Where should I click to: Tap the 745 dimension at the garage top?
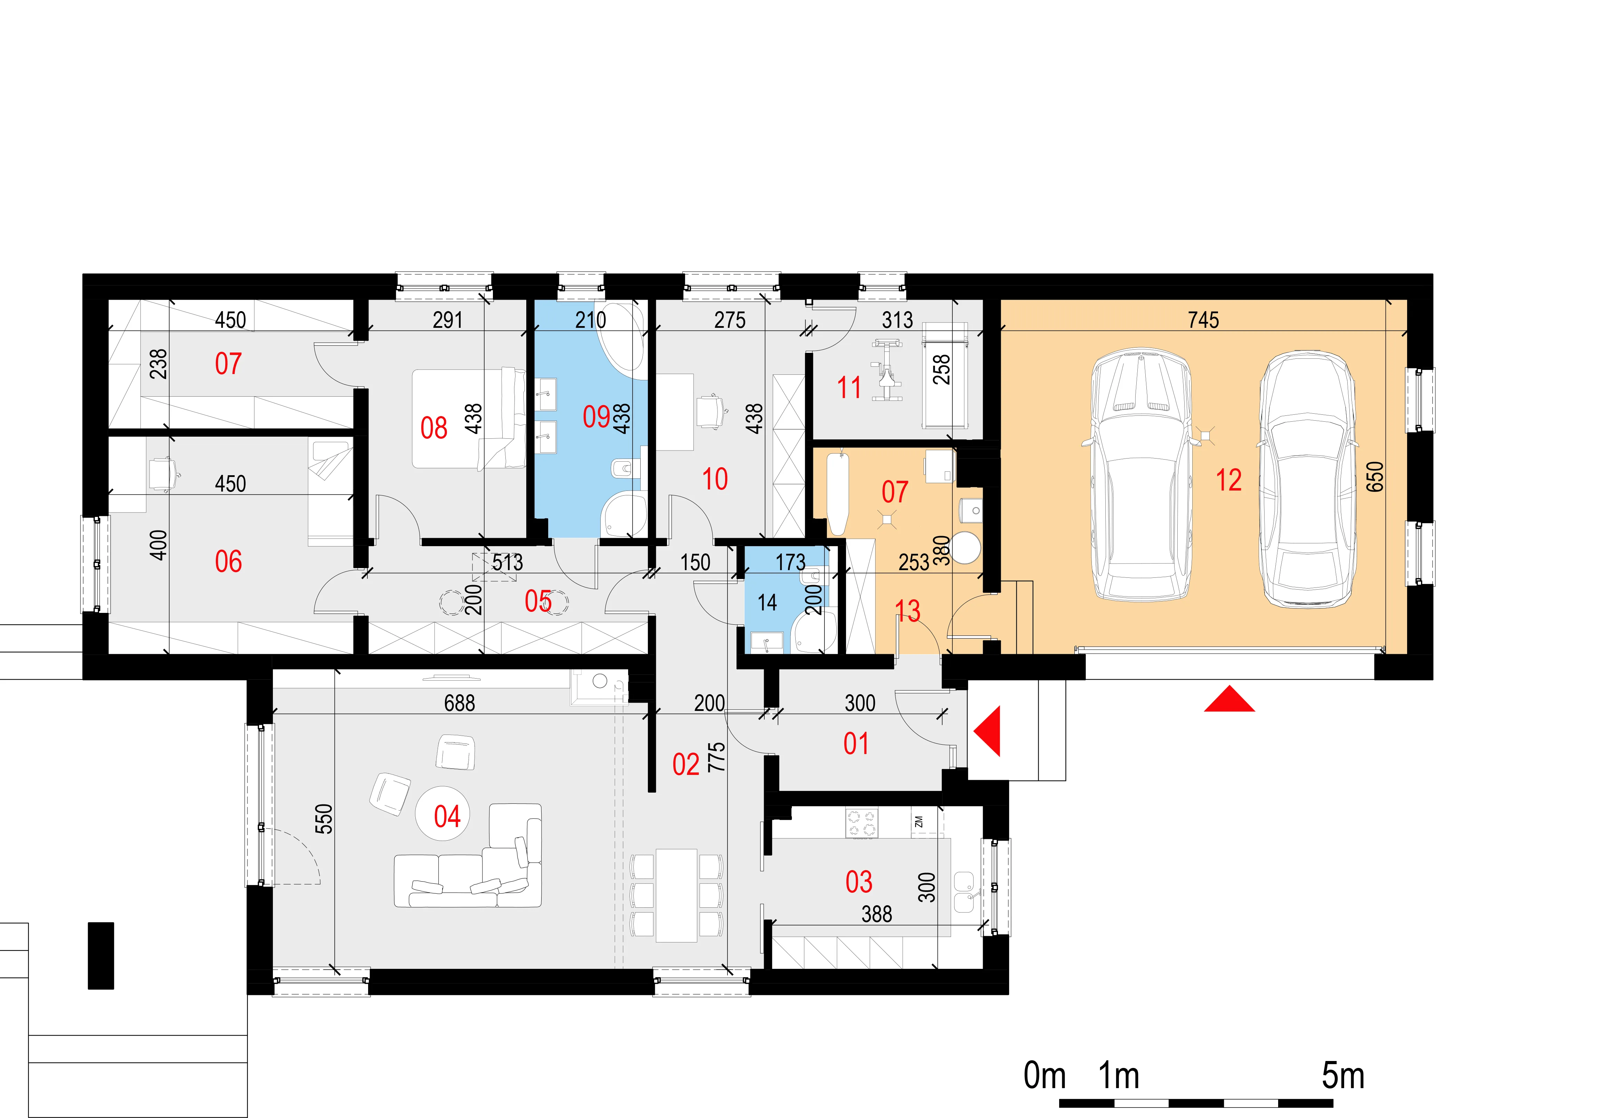pyautogui.click(x=1203, y=320)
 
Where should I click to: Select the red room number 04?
pyautogui.click(x=447, y=816)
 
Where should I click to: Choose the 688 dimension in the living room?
pyautogui.click(x=460, y=703)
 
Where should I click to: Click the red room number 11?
pyautogui.click(x=849, y=387)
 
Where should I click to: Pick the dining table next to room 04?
pyautogui.click(x=676, y=895)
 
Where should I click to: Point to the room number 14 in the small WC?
pyautogui.click(x=767, y=602)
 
